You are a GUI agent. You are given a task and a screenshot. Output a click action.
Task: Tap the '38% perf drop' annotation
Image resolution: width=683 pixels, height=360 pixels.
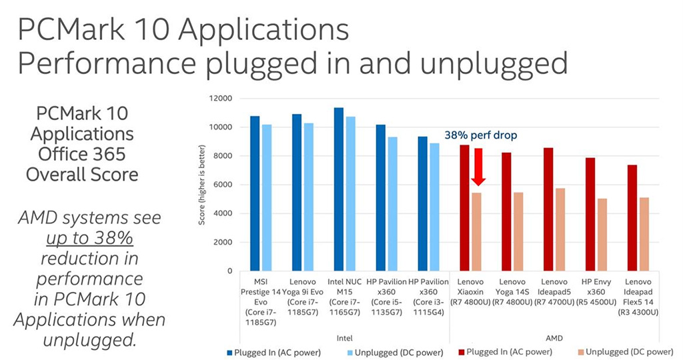480,135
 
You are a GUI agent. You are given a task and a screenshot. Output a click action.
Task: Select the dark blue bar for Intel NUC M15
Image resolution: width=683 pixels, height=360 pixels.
338,189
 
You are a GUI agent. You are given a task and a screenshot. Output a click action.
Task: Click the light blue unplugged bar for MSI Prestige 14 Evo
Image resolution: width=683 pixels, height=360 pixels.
267,197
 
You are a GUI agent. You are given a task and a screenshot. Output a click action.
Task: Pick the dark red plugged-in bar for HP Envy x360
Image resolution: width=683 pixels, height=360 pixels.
590,214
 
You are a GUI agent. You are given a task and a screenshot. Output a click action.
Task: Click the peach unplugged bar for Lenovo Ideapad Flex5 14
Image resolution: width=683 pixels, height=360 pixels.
644,234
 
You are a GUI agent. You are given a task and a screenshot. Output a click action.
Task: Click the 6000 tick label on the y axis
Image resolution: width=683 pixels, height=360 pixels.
223,185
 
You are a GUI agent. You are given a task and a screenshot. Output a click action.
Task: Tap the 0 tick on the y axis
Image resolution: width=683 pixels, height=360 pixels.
230,271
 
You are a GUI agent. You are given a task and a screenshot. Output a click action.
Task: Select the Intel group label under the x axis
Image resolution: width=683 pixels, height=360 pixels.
345,338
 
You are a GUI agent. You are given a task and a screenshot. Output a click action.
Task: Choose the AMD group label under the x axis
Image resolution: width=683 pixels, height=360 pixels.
554,338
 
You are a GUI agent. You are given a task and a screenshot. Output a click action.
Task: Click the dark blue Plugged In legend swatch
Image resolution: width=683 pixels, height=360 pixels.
229,353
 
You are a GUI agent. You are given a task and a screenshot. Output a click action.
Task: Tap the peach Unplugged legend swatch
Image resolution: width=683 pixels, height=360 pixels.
581,352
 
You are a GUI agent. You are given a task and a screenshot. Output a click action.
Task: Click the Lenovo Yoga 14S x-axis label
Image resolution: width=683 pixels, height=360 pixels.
512,291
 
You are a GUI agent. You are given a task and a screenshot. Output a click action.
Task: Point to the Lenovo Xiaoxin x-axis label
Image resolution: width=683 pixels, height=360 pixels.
470,291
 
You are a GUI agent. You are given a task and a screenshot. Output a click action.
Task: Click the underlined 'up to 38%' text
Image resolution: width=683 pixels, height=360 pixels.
89,238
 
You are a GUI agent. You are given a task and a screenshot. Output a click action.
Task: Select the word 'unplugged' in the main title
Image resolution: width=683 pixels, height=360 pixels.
494,63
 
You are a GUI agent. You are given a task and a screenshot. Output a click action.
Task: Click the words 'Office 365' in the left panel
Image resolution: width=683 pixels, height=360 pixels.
82,153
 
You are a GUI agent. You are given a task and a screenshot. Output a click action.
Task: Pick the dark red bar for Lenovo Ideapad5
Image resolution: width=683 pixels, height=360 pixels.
548,209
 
